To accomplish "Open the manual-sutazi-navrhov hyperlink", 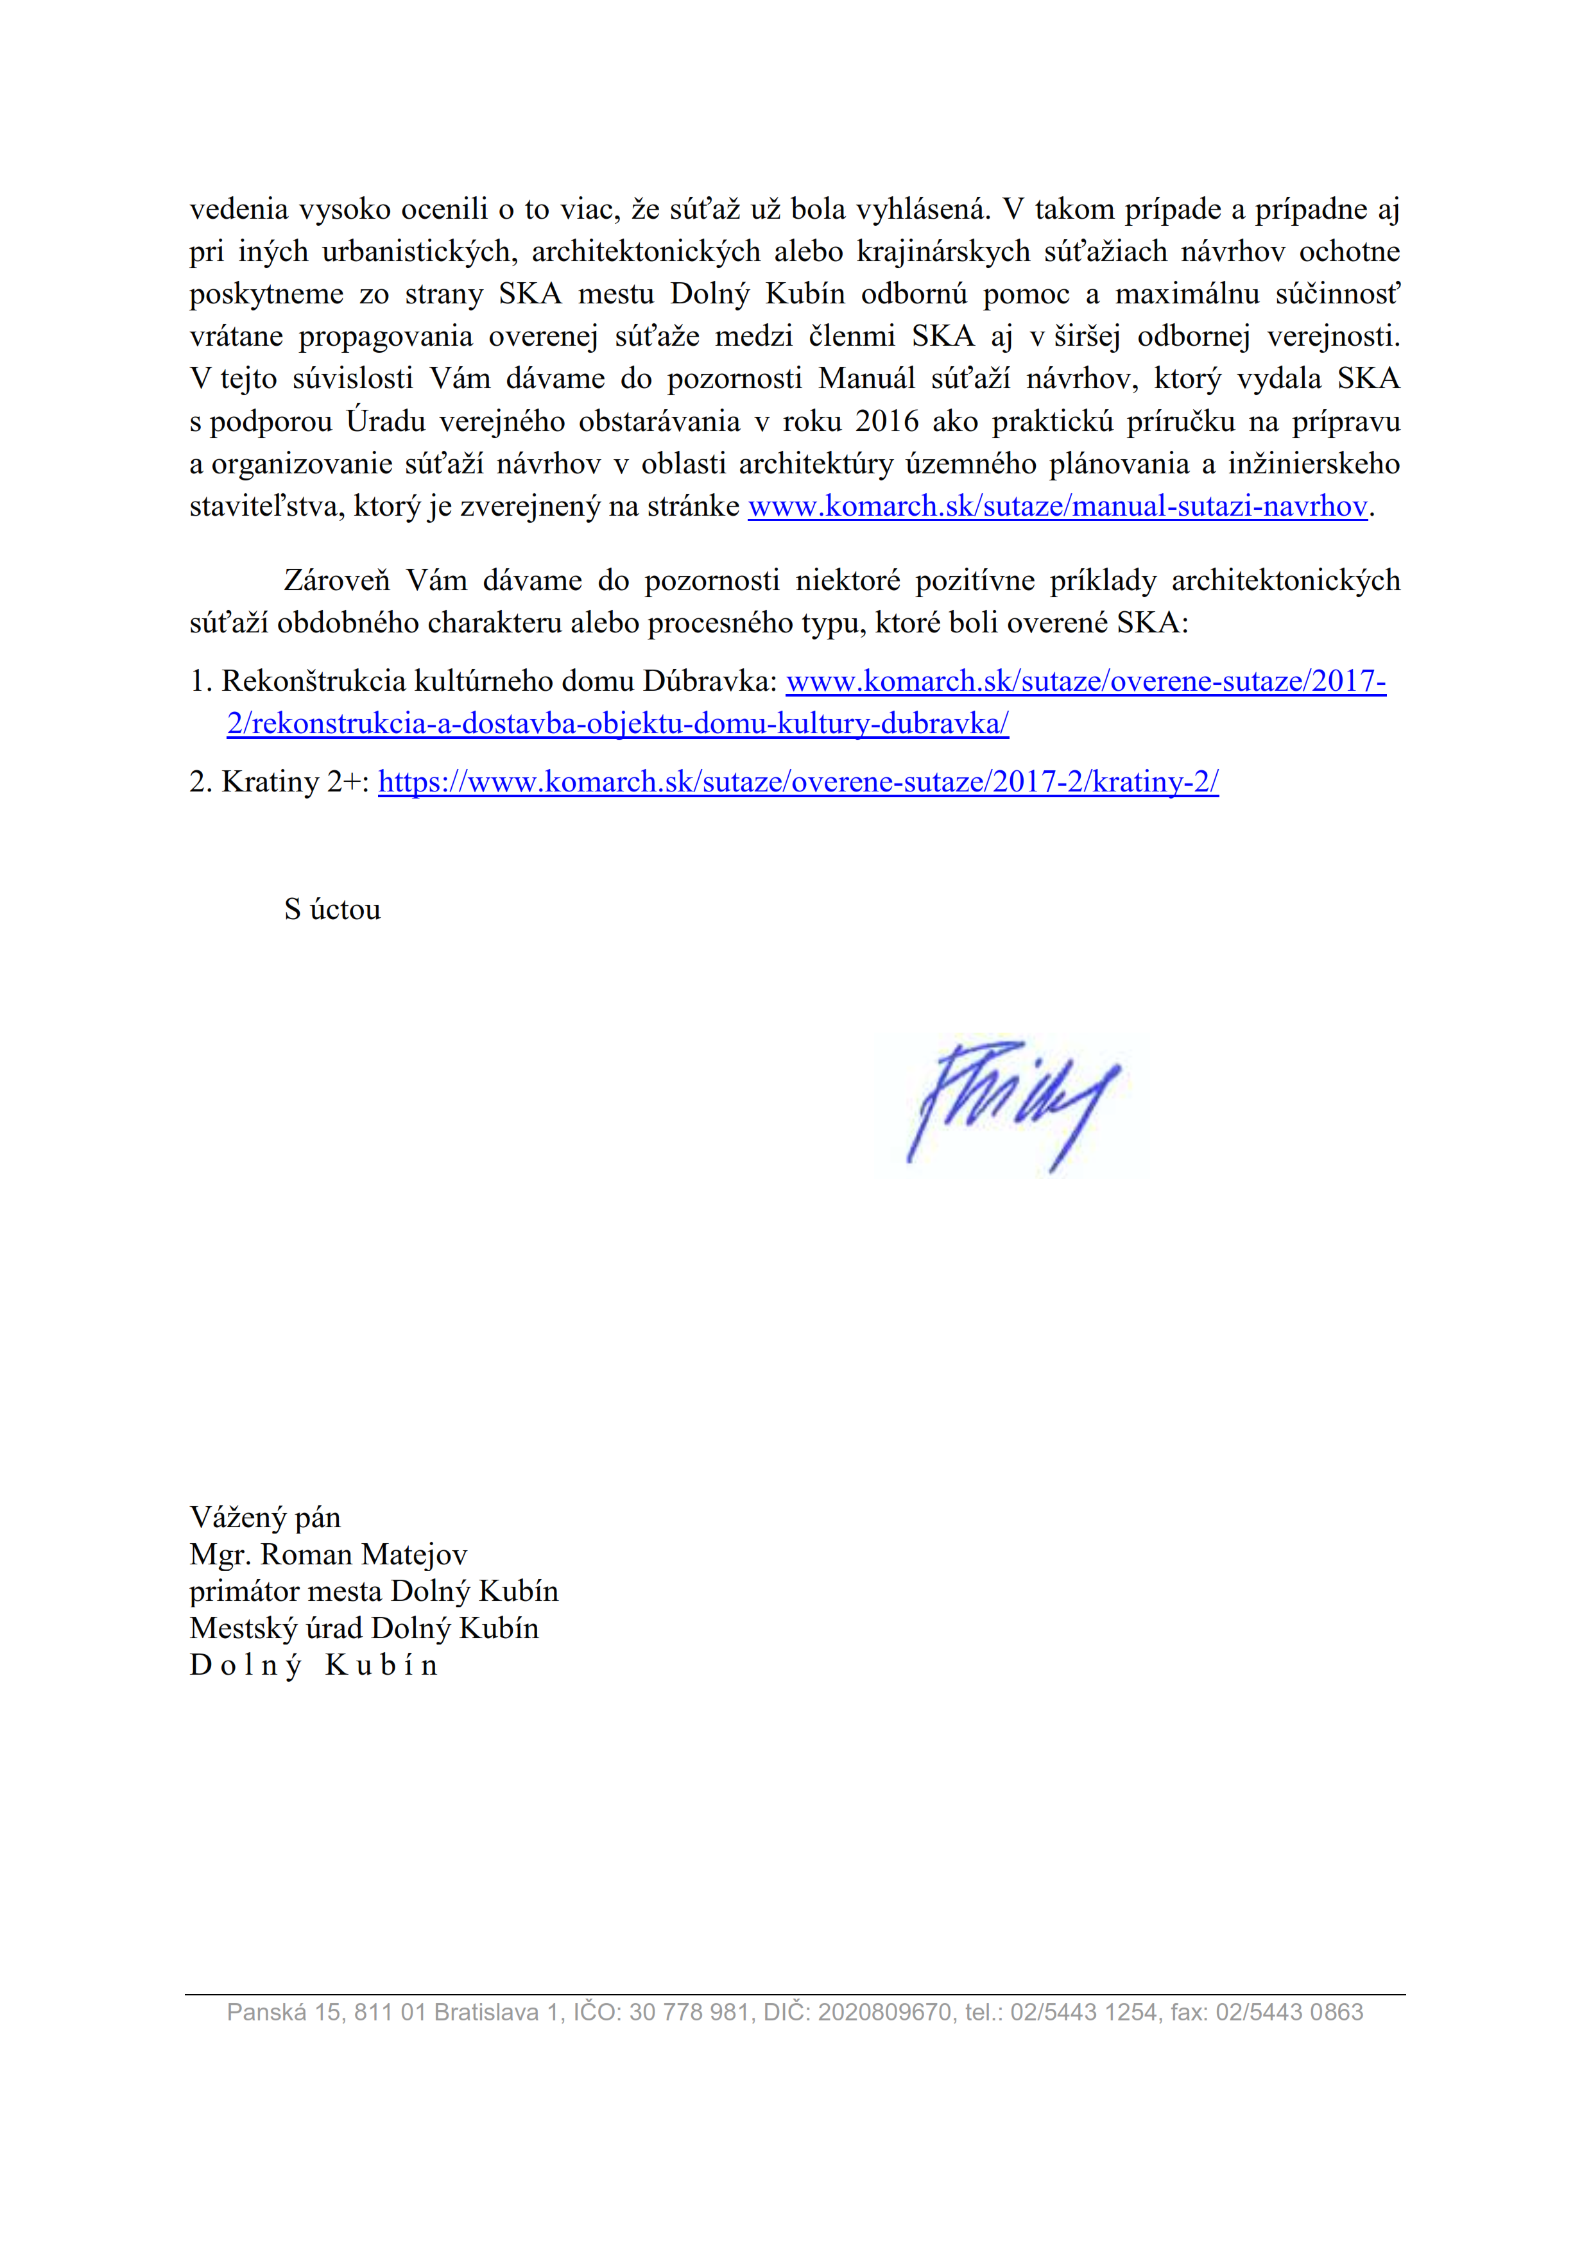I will (1057, 507).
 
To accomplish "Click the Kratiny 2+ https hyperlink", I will (798, 782).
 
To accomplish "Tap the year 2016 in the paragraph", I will (886, 421).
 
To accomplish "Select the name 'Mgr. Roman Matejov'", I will (329, 1554).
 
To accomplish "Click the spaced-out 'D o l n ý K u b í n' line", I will (314, 1665).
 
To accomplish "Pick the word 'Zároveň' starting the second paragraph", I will (336, 580).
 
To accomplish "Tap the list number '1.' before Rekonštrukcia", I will (201, 681).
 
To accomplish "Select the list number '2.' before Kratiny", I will (201, 782).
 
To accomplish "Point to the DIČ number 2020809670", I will (884, 2012).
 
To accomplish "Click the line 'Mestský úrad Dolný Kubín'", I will (364, 1628).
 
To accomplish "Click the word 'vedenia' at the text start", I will (238, 208).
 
